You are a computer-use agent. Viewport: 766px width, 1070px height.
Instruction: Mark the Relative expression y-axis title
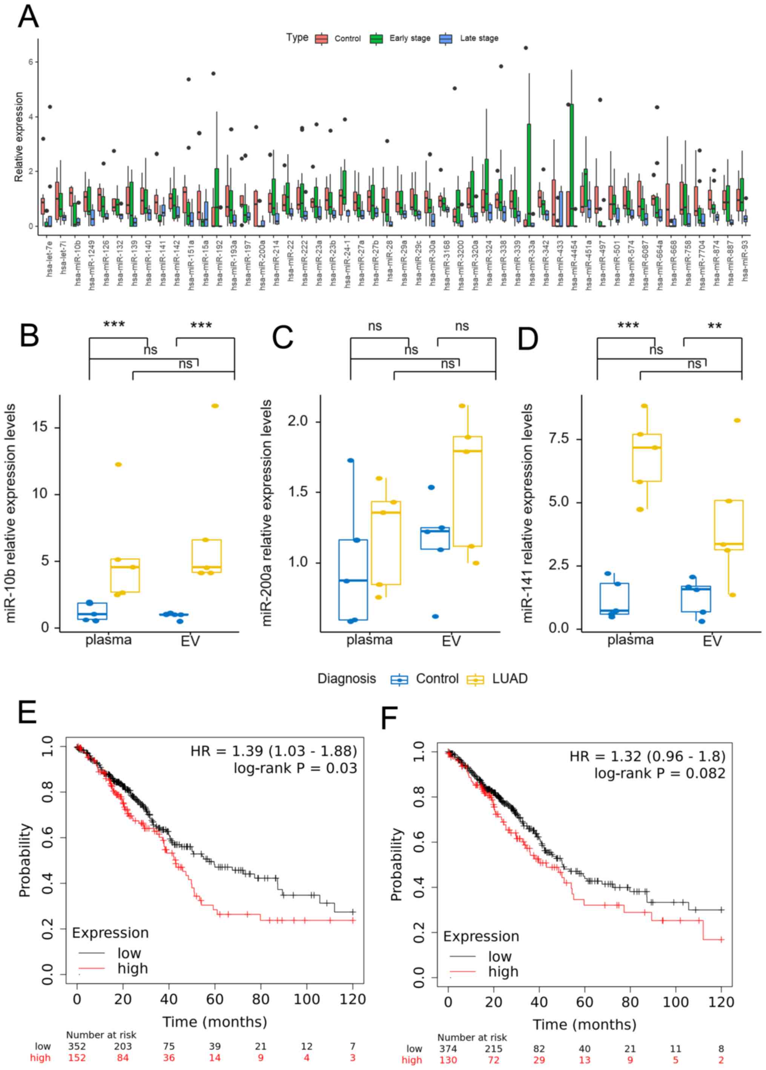19,137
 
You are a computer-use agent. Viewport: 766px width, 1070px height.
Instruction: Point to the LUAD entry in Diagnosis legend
497,679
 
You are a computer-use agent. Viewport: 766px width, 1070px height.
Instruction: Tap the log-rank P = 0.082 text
659,773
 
